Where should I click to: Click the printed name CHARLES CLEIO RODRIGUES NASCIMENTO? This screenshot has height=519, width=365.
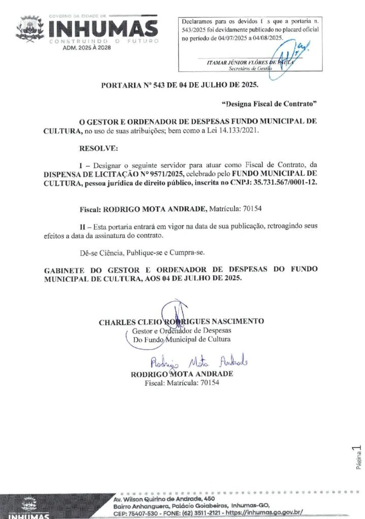[x=181, y=321]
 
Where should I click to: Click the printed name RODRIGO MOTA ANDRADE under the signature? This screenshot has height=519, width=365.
[x=182, y=374]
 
